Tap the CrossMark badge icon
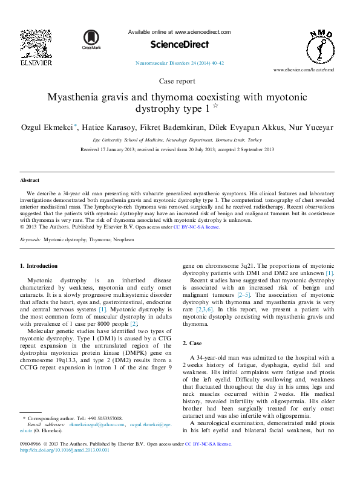click(92, 39)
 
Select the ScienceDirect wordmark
click(180, 44)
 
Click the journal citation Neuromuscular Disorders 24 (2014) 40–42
click(180, 63)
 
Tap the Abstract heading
click(30, 180)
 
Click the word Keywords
click(30, 240)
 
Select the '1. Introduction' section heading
click(39, 265)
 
